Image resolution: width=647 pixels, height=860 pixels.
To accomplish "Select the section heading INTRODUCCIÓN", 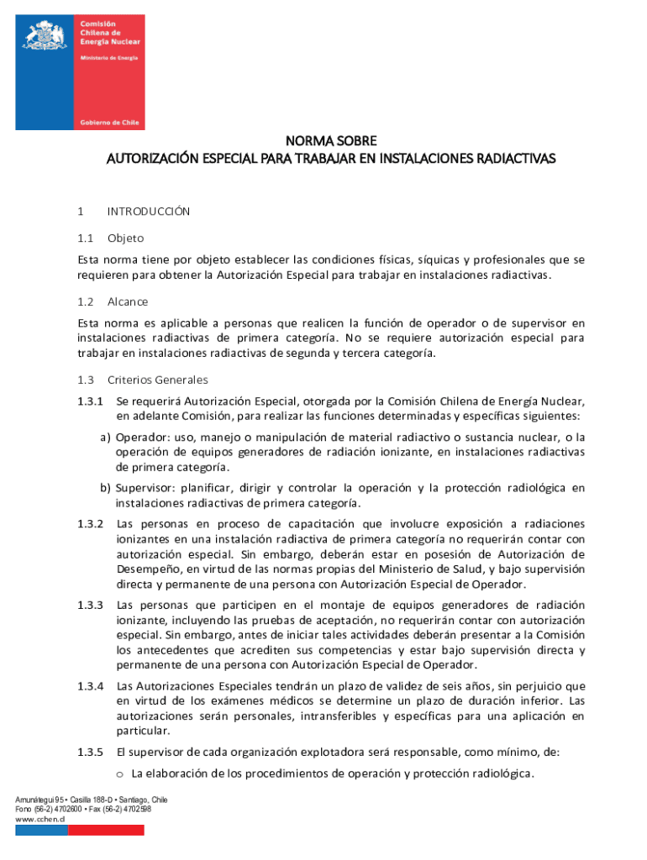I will [x=149, y=212].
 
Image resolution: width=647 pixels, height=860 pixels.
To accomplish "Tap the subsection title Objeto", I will [x=126, y=239].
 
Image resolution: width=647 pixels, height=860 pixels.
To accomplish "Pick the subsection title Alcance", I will [x=128, y=301].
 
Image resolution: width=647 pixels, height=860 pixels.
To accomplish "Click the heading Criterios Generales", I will [x=158, y=380].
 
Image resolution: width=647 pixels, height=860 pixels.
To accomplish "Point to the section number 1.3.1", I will [x=90, y=401].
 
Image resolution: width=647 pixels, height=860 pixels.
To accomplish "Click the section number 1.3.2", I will [x=90, y=524].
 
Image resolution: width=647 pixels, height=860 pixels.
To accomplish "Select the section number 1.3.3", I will [x=90, y=605].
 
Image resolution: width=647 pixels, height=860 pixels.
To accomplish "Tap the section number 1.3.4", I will [x=90, y=686].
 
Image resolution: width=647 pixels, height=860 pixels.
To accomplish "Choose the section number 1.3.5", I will [x=90, y=752].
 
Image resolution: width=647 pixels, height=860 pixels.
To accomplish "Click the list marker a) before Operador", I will [x=106, y=438].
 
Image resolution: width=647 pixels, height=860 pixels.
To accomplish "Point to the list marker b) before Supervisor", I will [x=106, y=488].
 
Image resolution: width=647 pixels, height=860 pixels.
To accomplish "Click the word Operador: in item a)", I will [x=141, y=438].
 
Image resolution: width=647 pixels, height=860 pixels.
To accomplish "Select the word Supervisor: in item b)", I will [x=145, y=488].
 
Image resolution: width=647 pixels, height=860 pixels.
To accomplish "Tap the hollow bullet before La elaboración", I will [x=120, y=774].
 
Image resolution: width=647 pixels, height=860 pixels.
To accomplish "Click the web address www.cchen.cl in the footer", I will [x=40, y=818].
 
